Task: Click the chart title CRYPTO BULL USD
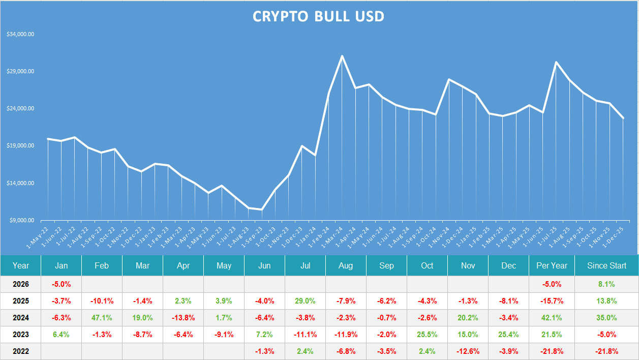click(318, 16)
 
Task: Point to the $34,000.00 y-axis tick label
click(20, 35)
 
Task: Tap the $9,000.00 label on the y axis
click(22, 220)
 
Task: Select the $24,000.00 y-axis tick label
click(20, 109)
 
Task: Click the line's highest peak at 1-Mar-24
click(342, 56)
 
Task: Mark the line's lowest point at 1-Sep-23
click(262, 209)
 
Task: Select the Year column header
click(21, 265)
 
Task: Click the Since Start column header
click(606, 265)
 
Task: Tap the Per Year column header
click(552, 265)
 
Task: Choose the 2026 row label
click(21, 284)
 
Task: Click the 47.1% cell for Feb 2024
click(102, 318)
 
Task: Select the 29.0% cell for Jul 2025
click(305, 301)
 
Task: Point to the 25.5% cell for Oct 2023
click(427, 335)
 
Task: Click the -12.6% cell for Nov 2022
click(468, 351)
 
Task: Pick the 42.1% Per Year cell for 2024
click(552, 318)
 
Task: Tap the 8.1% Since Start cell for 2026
click(606, 284)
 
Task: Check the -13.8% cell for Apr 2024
click(183, 318)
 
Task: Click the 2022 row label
click(21, 351)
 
